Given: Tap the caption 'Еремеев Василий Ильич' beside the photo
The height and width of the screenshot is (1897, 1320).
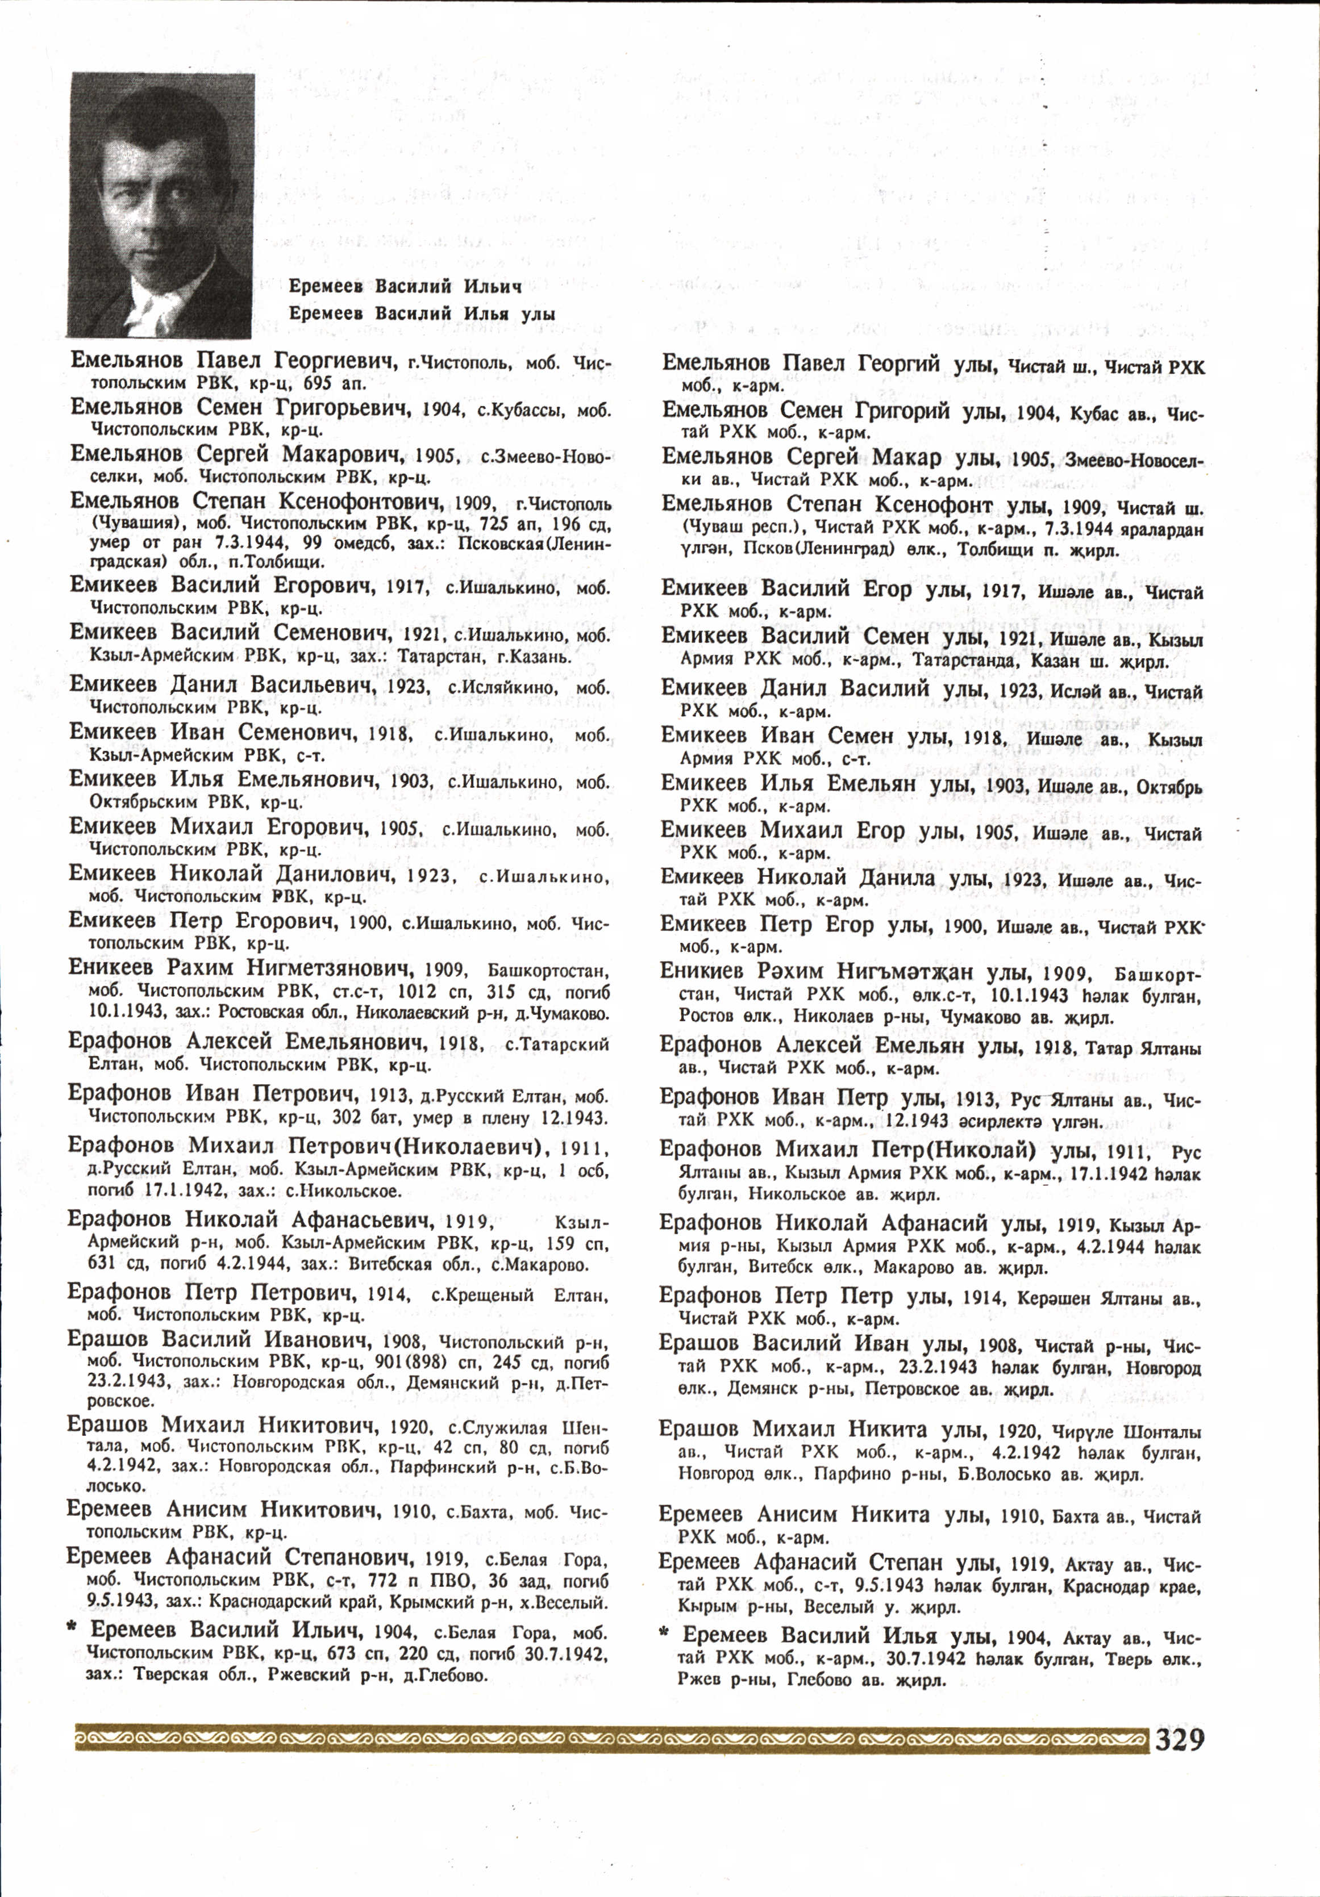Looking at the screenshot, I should pos(405,287).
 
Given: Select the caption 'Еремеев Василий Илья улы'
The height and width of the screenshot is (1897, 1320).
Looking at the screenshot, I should pos(422,314).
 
